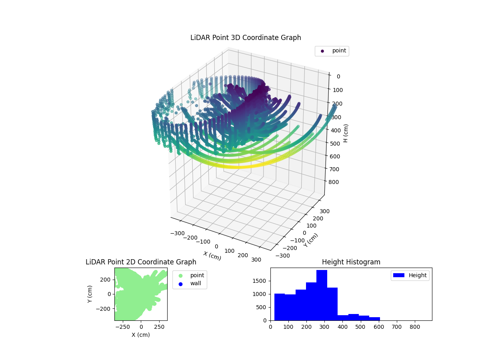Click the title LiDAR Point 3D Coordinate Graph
246,38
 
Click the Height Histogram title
351,262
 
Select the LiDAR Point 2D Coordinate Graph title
141,262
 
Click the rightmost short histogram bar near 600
374,318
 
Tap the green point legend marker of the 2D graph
180,276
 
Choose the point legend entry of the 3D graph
332,51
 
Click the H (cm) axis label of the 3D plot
346,133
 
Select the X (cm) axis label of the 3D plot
212,256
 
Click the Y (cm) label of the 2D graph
90,294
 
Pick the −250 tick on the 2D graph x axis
122,327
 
